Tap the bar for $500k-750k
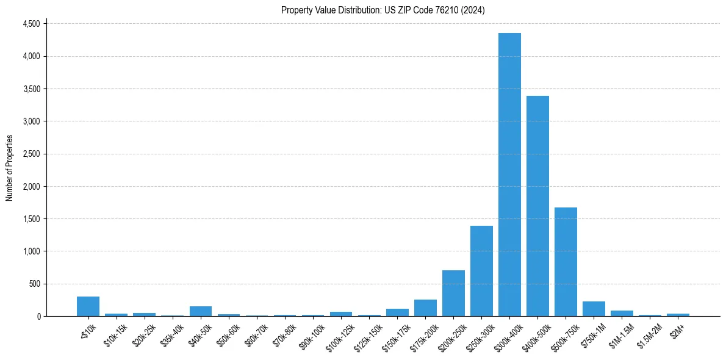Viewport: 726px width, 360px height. [566, 262]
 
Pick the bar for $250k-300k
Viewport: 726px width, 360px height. [481, 271]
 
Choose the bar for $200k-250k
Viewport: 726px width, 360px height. [453, 293]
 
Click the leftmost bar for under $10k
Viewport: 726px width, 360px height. [88, 306]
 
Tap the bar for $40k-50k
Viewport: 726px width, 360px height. [201, 311]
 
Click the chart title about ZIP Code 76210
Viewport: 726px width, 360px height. [383, 10]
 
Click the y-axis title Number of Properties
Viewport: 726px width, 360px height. [10, 168]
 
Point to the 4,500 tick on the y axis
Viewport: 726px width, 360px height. [31, 24]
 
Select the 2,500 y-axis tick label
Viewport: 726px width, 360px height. [31, 154]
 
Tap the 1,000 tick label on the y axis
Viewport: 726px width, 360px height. [31, 251]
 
